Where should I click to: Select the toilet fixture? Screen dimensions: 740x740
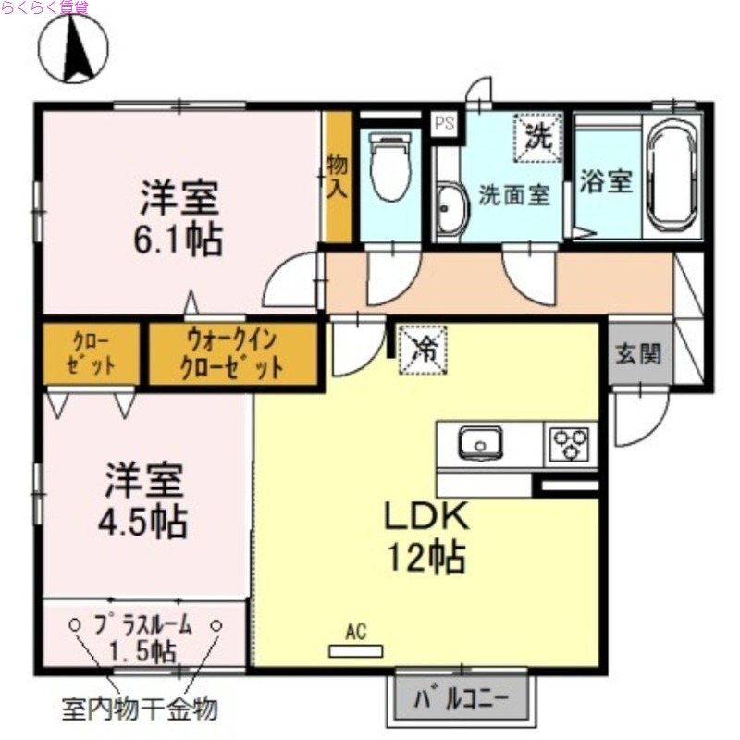coord(388,166)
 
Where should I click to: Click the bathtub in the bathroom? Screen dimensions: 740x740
coord(674,177)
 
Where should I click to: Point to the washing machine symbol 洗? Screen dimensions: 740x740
coord(538,136)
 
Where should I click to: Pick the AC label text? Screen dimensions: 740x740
coord(356,633)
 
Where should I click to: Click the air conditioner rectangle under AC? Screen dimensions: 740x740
coord(356,650)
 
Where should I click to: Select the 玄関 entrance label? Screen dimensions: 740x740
coord(639,353)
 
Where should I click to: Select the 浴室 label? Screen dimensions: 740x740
coord(606,181)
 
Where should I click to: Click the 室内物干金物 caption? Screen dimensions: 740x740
coord(140,709)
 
